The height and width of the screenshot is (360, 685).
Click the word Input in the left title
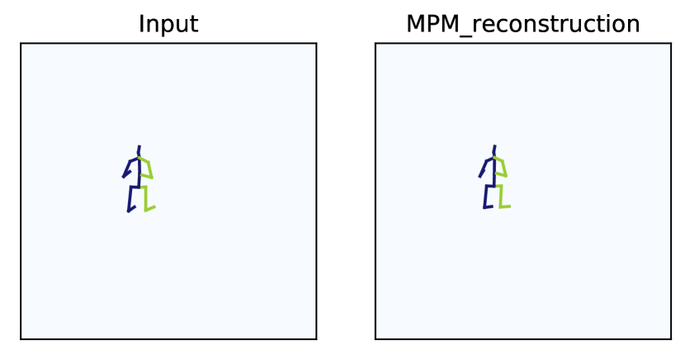coord(168,24)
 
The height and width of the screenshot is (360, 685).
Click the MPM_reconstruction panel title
coord(523,24)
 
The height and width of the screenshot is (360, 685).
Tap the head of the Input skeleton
coord(139,149)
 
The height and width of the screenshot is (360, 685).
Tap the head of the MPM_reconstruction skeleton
coord(494,149)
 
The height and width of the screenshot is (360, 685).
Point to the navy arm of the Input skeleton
coord(129,166)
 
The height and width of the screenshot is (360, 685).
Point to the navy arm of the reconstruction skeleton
coord(484,166)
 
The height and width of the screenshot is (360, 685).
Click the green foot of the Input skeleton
coord(150,207)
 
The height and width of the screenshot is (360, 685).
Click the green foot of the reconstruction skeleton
coord(505,206)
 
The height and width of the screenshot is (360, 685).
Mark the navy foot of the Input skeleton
coord(131,209)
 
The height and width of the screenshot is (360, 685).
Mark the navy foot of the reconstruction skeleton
coord(488,206)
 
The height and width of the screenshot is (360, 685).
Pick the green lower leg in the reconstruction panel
coord(501,196)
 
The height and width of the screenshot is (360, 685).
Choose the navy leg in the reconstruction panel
coord(485,196)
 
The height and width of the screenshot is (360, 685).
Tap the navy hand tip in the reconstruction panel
coord(479,176)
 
